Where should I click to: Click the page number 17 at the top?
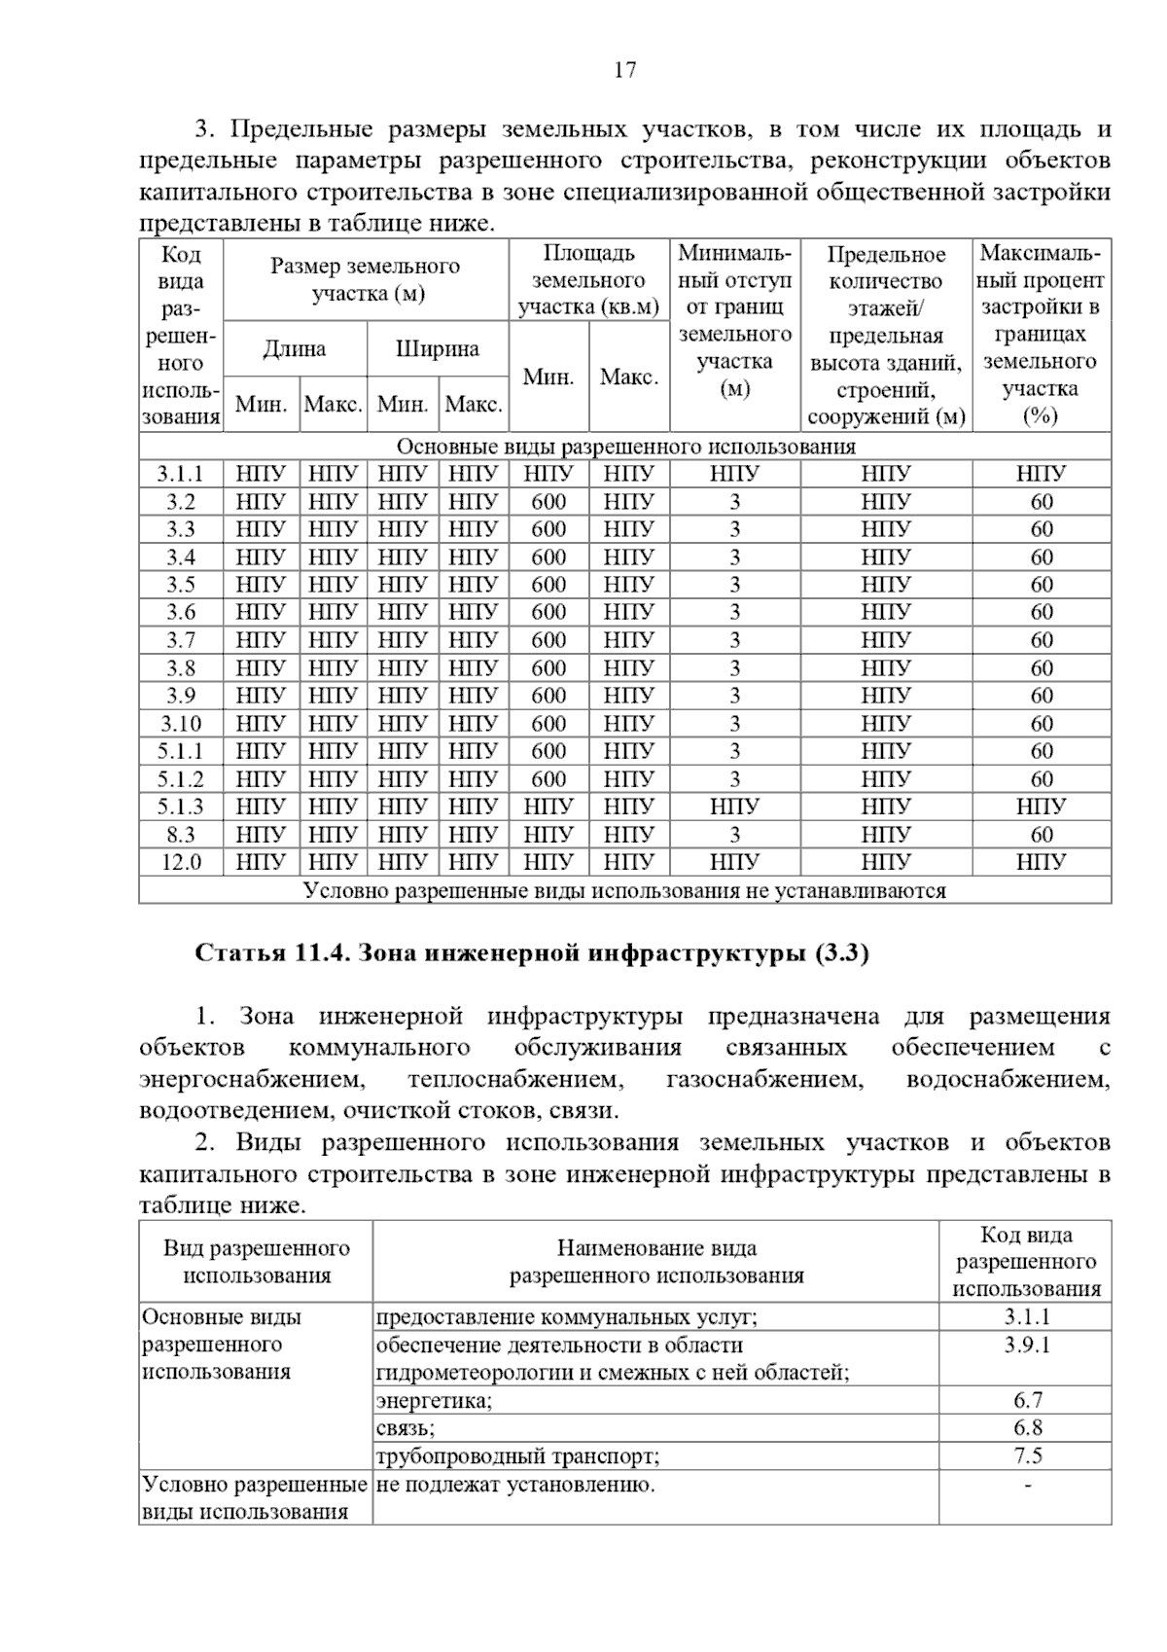click(x=624, y=70)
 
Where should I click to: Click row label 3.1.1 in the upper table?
click(x=181, y=475)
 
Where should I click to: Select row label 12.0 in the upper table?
click(x=181, y=862)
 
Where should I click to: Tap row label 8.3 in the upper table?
click(x=181, y=835)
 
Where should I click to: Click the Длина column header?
click(x=295, y=349)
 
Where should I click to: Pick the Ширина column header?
click(x=438, y=349)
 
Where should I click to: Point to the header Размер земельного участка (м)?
click(x=366, y=280)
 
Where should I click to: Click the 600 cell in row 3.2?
click(x=548, y=502)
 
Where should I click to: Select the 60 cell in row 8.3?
click(x=1042, y=835)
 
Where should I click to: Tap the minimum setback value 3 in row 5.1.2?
click(x=734, y=779)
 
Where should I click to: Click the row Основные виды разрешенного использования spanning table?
click(x=625, y=447)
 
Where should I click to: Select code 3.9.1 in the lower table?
click(x=1027, y=1346)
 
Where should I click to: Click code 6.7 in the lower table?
click(x=1027, y=1400)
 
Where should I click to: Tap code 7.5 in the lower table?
click(x=1027, y=1455)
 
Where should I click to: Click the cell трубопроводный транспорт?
click(x=517, y=1456)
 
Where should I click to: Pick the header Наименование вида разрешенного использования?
click(x=656, y=1262)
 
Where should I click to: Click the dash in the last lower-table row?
click(x=1027, y=1485)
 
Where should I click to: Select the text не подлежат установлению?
click(x=515, y=1485)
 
